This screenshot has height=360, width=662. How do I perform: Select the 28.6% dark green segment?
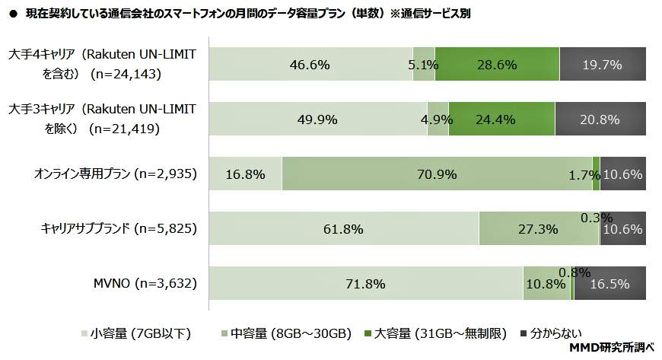[x=497, y=65]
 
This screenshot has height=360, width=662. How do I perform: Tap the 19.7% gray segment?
[x=603, y=65]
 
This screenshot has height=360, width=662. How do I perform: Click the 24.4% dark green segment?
[x=501, y=119]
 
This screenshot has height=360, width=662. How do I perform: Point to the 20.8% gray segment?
[x=600, y=119]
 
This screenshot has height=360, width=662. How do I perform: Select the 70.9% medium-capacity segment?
[x=437, y=174]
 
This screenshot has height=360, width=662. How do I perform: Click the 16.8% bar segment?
[x=245, y=174]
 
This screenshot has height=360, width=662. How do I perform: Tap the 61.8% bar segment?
[x=343, y=229]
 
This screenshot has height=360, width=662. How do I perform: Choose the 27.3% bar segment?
[x=538, y=229]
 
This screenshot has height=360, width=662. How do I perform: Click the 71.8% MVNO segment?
[x=365, y=284]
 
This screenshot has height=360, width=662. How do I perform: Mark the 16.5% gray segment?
[x=610, y=284]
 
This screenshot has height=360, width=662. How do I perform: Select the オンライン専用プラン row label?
[x=116, y=174]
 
